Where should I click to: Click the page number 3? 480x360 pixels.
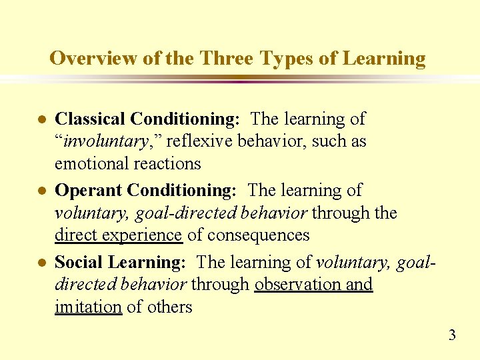[452, 335]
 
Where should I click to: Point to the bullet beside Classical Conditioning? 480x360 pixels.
[41, 120]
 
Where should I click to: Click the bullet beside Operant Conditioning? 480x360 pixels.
[41, 191]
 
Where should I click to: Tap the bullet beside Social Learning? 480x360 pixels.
[41, 263]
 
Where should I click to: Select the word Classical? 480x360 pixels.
[90, 119]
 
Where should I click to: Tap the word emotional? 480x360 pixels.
[89, 163]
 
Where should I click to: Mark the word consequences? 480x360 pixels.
[259, 235]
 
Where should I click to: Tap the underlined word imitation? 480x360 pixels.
[88, 307]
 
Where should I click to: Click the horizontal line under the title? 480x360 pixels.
[240, 79]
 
